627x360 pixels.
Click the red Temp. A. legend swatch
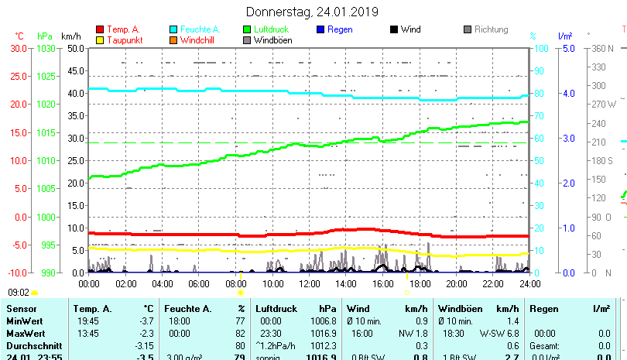(100, 29)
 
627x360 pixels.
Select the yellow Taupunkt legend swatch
(100, 40)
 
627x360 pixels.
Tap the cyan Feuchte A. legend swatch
(173, 29)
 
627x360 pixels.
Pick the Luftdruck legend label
(276, 29)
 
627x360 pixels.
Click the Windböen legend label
(272, 40)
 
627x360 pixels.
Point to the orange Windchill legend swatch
(173, 40)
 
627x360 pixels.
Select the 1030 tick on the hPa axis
(46, 48)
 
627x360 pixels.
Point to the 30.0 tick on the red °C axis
(19, 48)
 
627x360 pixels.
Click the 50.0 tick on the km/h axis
(75, 48)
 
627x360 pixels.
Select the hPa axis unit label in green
(45, 36)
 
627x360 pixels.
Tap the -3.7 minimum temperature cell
(145, 321)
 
